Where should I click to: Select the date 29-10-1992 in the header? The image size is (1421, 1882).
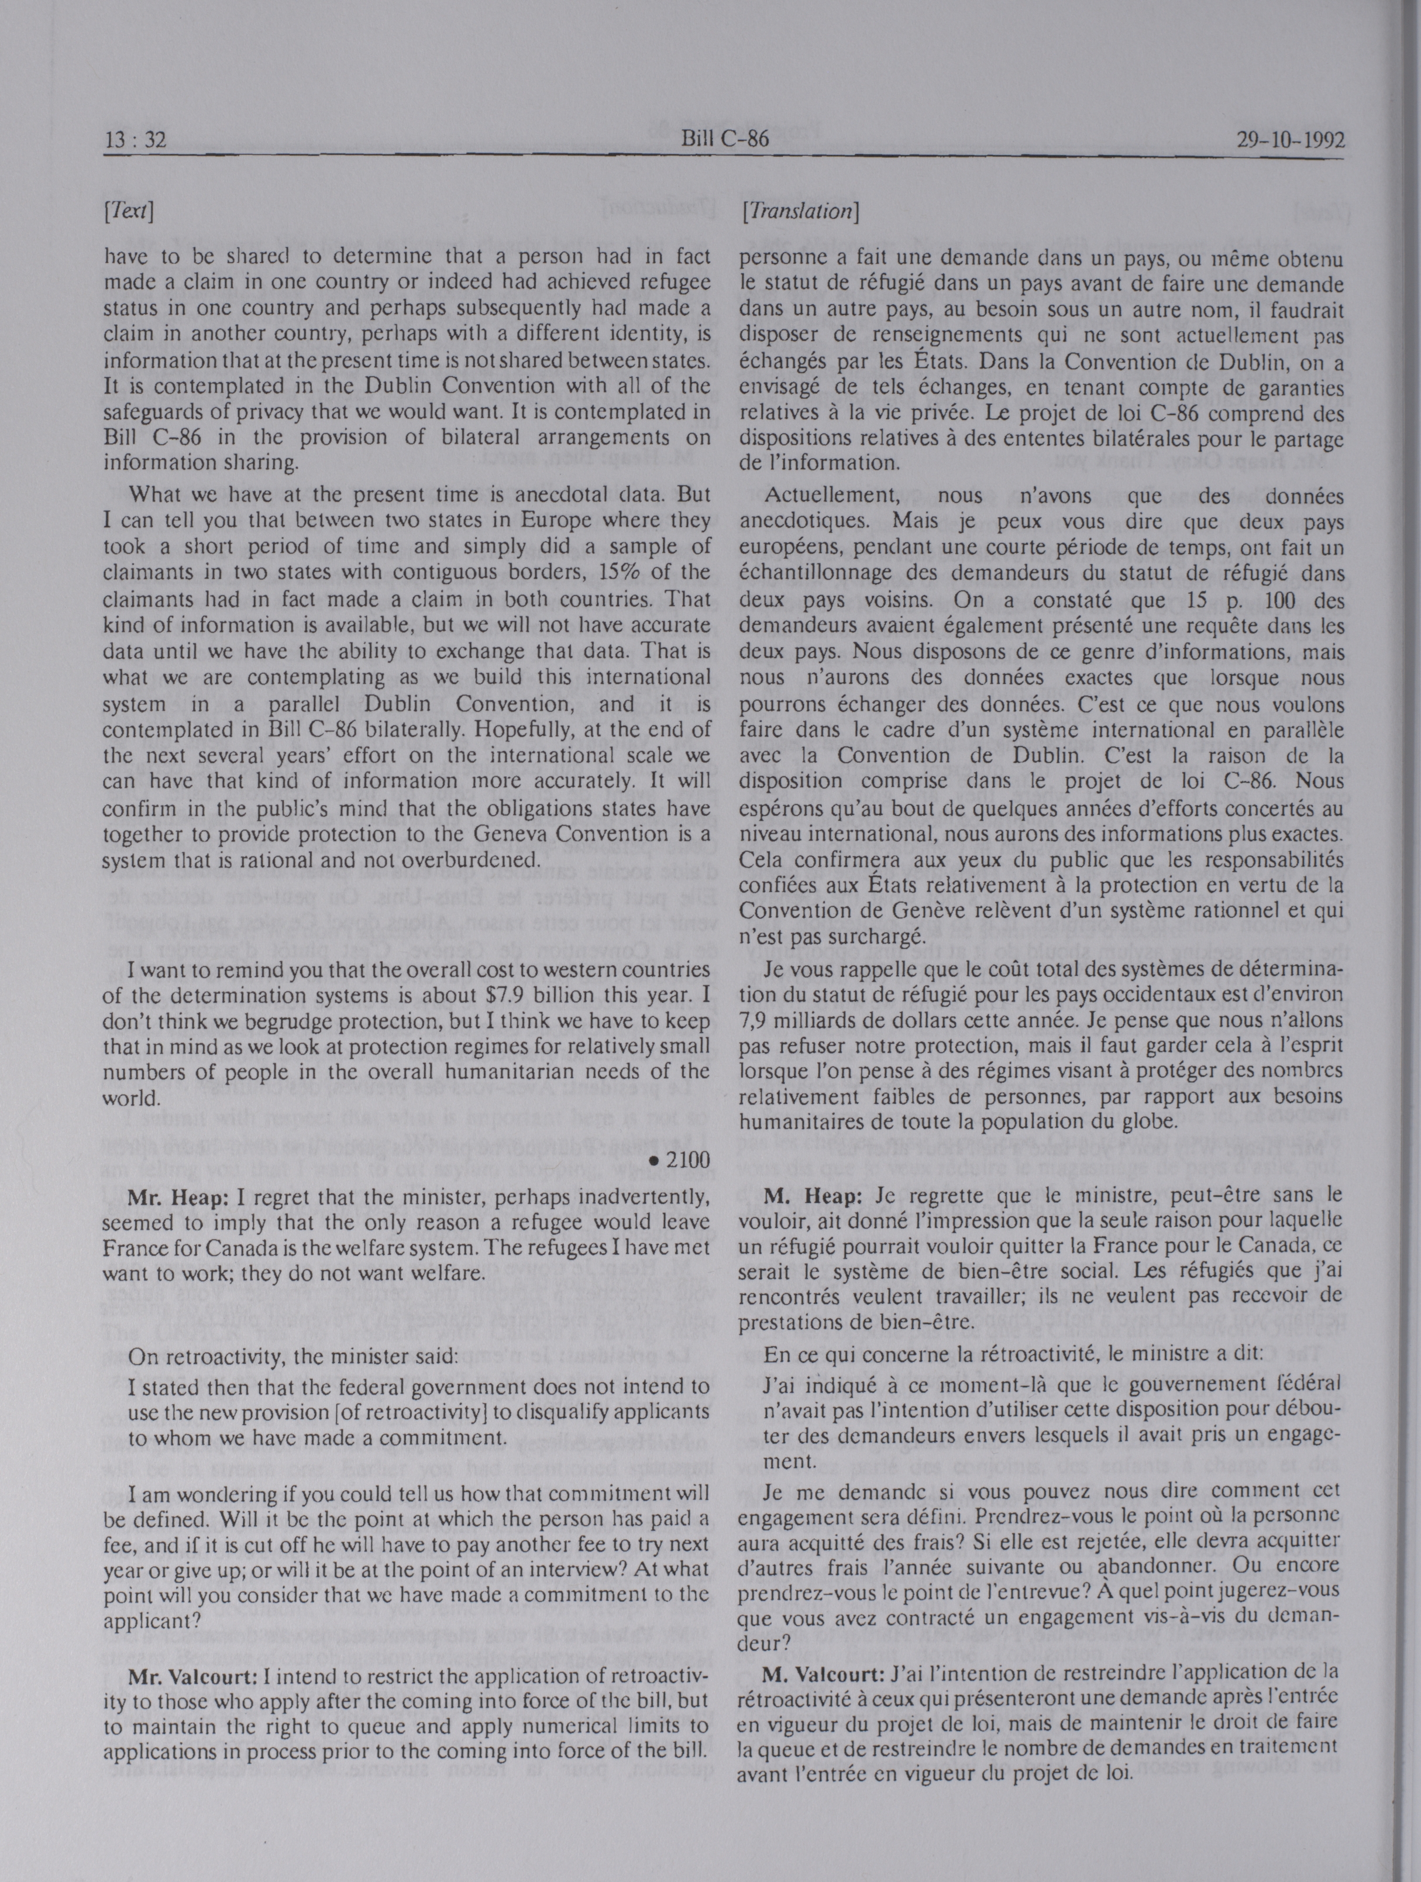coord(1289,140)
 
